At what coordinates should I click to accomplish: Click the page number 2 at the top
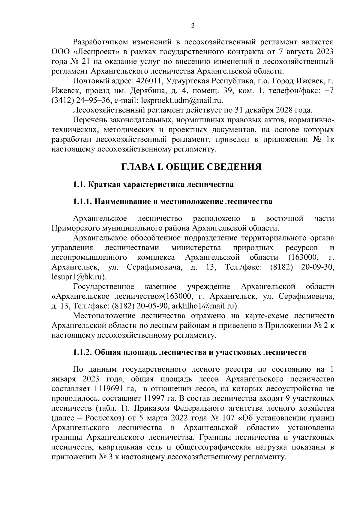pyautogui.click(x=193, y=26)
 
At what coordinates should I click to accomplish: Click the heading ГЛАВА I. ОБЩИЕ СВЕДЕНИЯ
pyautogui.click(x=191, y=167)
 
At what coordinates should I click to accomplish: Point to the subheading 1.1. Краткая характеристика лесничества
pyautogui.click(x=153, y=185)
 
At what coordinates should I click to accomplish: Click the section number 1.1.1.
pyautogui.click(x=83, y=202)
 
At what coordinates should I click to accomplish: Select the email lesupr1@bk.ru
pyautogui.click(x=79, y=277)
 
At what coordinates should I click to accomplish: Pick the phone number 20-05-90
pyautogui.click(x=153, y=306)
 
